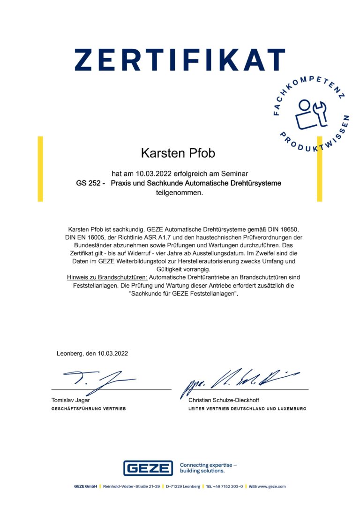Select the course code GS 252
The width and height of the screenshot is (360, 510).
88,183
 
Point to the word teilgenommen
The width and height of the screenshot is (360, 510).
180,192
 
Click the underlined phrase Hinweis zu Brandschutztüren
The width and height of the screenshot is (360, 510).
107,278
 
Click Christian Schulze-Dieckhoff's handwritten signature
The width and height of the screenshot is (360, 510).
237,379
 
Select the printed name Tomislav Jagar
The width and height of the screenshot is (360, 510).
70,400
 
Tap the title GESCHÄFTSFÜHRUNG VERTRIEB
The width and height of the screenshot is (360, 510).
88,409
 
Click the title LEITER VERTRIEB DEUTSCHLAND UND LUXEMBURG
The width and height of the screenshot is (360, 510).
247,409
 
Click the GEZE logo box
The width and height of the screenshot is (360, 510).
148,468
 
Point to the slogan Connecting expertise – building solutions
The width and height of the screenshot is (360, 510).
208,468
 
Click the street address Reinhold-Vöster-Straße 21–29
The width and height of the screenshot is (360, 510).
131,487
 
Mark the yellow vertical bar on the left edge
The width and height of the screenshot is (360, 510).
40,168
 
